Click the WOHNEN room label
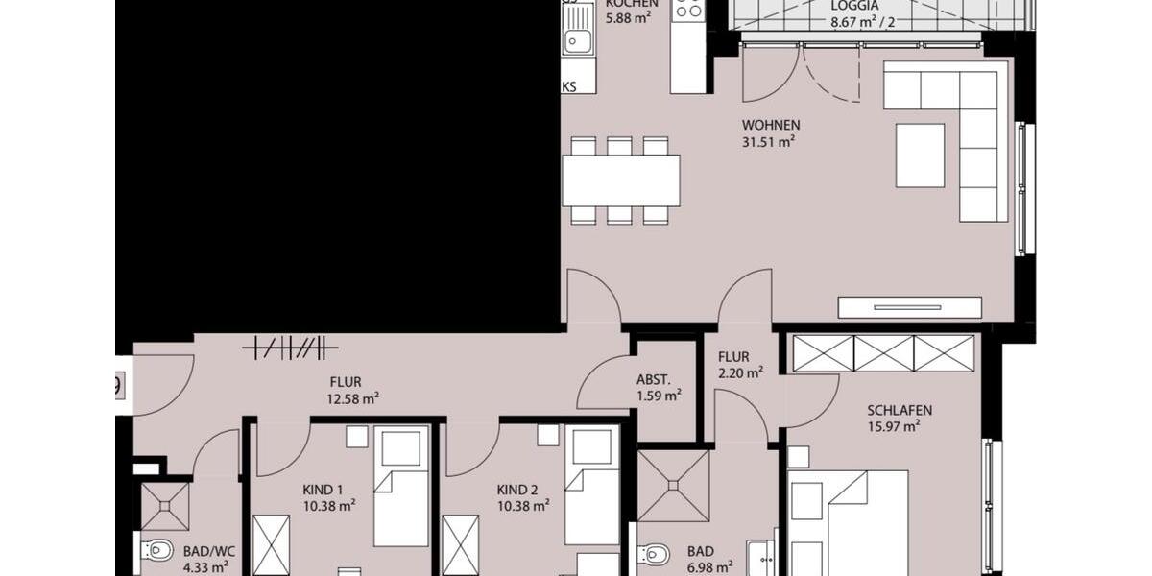(x=770, y=125)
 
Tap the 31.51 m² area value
(x=770, y=142)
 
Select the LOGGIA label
(x=854, y=4)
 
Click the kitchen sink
(x=578, y=40)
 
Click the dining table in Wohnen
(x=621, y=180)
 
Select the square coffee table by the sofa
(x=920, y=155)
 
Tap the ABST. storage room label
(x=653, y=378)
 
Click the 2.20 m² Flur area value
(x=740, y=372)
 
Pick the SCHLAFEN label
(x=900, y=410)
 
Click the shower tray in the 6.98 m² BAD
(x=673, y=486)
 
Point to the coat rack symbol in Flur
(x=290, y=347)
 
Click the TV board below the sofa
(x=909, y=307)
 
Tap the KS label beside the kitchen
(x=569, y=86)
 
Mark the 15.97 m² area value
(x=894, y=427)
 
